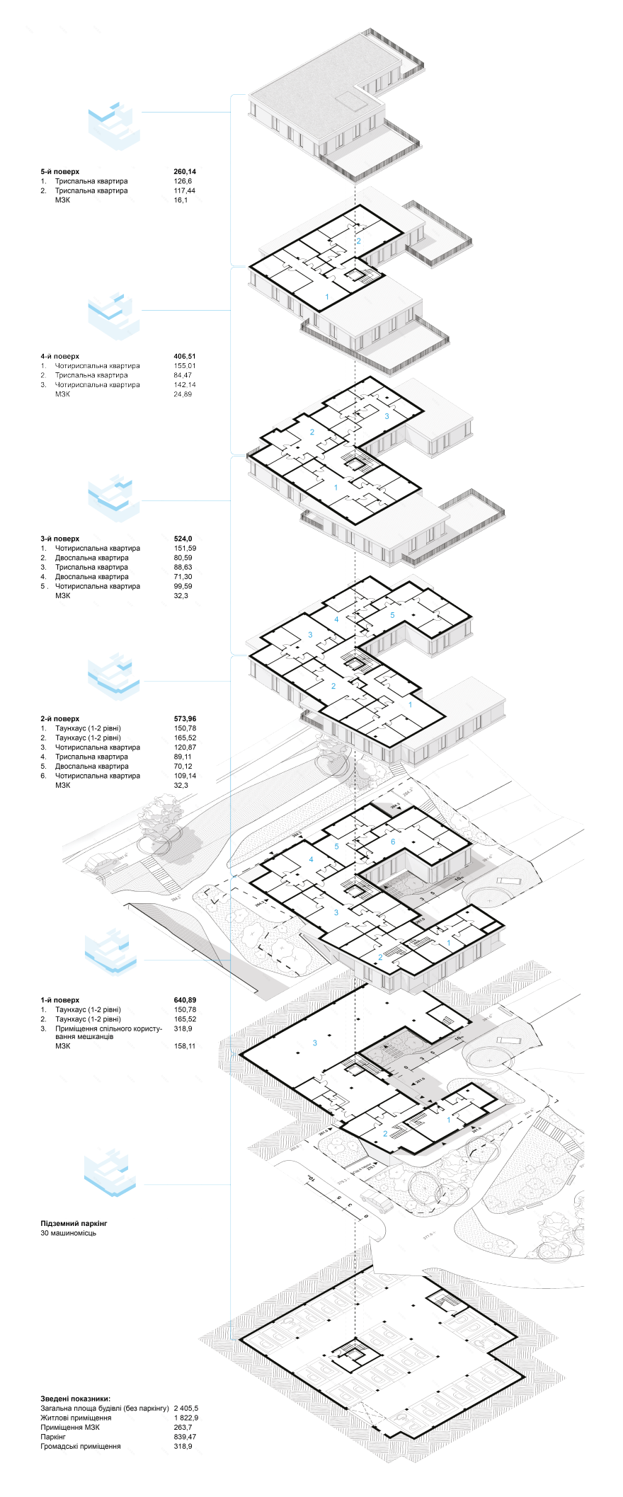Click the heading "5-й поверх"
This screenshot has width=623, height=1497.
pos(60,172)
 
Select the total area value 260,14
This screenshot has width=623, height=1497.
pos(185,172)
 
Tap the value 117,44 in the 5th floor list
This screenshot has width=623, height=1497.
pos(184,191)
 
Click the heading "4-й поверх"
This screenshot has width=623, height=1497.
pos(60,357)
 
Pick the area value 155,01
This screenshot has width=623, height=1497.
pos(184,366)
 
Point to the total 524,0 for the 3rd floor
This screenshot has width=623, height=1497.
pos(183,539)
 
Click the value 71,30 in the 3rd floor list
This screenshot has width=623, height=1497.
pos(183,577)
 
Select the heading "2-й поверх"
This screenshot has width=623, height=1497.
pos(60,719)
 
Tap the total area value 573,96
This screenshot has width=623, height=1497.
pos(185,719)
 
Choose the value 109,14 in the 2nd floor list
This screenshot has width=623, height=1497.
pos(185,776)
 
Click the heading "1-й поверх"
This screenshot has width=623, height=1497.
pos(60,1001)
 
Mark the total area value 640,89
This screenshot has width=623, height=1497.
pos(185,1001)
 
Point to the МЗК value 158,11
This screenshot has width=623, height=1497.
pos(185,1046)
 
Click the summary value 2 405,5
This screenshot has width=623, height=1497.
pos(186,1409)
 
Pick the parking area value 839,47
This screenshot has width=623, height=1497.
pos(185,1437)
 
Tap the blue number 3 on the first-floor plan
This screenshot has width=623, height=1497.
pos(314,1043)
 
